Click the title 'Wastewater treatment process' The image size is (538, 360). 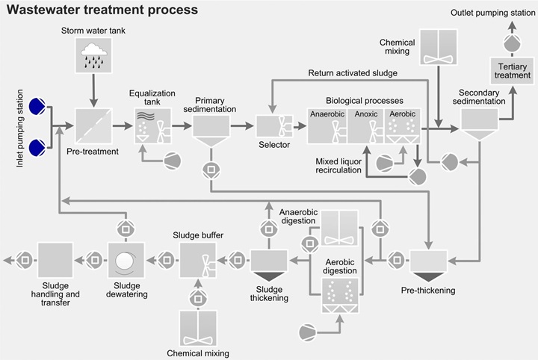[102, 10]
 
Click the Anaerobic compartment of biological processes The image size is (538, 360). [327, 127]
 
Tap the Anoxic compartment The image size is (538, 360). [366, 127]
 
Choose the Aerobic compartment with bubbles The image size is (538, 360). [402, 127]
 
